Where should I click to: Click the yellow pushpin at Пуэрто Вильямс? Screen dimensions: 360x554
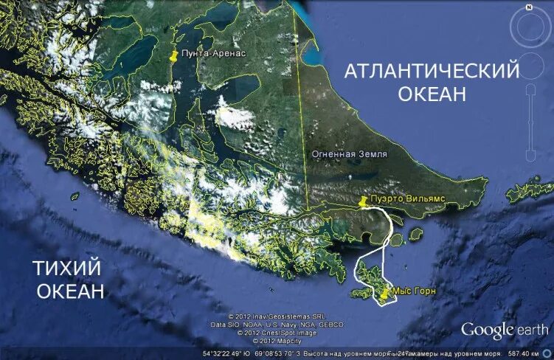click(362, 202)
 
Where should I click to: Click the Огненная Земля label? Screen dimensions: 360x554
click(346, 155)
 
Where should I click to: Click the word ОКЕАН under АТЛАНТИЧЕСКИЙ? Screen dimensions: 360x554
click(432, 94)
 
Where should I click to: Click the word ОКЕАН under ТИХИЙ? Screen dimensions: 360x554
click(71, 291)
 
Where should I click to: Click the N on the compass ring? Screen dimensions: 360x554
click(529, 7)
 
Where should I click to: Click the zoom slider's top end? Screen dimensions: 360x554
click(530, 91)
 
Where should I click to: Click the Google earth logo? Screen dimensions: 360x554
click(505, 329)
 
